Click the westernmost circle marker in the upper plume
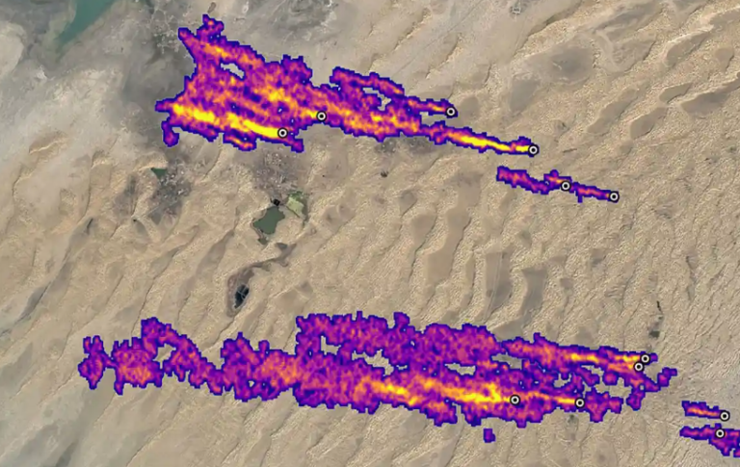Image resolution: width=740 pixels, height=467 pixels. [282, 133]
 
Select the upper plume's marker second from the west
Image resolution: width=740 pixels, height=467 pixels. [322, 117]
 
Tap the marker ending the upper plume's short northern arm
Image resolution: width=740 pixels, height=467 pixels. [451, 113]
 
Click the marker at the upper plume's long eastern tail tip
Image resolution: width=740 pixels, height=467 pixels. [533, 150]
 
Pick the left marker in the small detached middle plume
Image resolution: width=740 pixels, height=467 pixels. [566, 186]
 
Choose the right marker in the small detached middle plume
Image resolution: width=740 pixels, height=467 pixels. [614, 196]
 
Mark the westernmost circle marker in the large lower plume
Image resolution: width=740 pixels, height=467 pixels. [515, 400]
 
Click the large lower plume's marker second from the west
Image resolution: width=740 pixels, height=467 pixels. [579, 403]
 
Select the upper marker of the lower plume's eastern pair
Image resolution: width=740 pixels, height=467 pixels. [645, 358]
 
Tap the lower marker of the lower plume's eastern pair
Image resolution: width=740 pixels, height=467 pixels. [638, 367]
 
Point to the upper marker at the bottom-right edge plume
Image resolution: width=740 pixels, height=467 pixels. [725, 416]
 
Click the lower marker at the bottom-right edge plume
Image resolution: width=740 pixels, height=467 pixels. [720, 433]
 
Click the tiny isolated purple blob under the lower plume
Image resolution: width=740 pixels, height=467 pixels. [489, 435]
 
